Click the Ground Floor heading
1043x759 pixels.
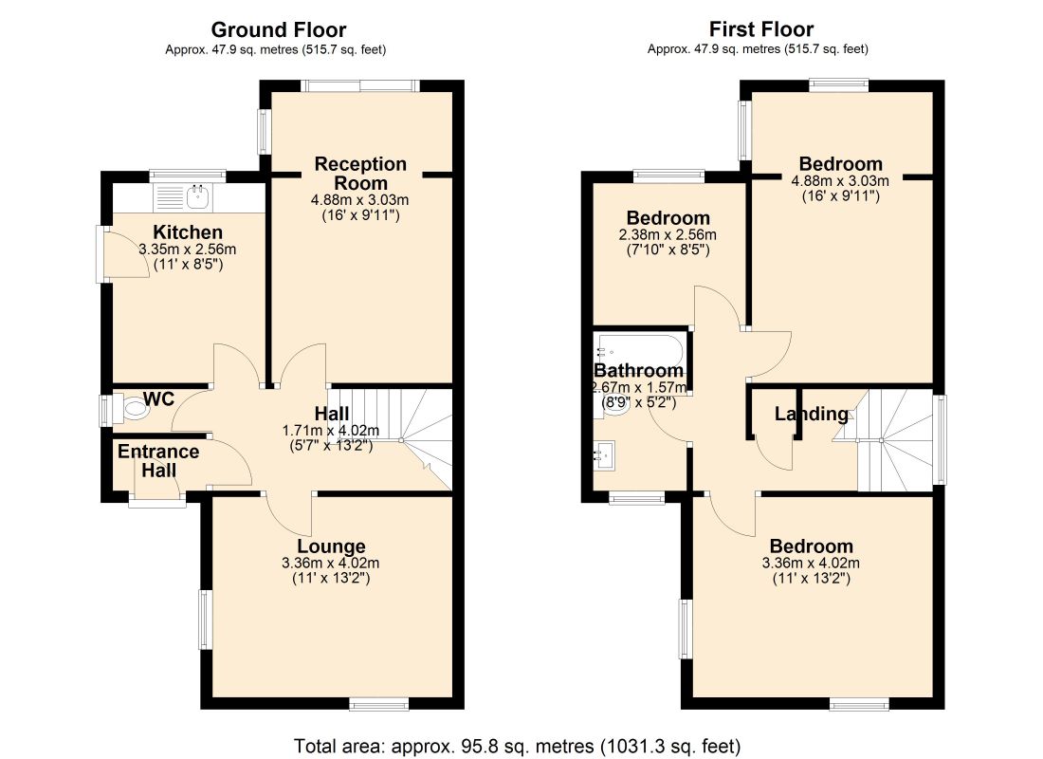click(x=278, y=30)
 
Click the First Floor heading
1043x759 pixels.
click(x=761, y=29)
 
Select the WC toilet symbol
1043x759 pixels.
click(x=133, y=407)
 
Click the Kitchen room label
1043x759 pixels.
click(x=188, y=232)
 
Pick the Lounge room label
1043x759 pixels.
click(x=331, y=546)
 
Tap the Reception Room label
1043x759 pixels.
click(x=360, y=173)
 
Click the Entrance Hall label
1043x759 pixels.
click(x=158, y=461)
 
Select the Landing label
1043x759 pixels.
click(x=812, y=414)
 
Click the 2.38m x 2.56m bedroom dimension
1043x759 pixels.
click(x=668, y=235)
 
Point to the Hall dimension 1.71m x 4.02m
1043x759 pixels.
click(x=331, y=431)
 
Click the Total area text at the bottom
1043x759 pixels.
click(x=518, y=746)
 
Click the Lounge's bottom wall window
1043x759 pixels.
click(x=379, y=703)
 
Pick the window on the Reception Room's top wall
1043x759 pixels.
click(x=360, y=86)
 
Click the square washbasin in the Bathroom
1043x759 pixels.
click(x=605, y=455)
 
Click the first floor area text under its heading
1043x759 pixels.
click(x=758, y=48)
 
